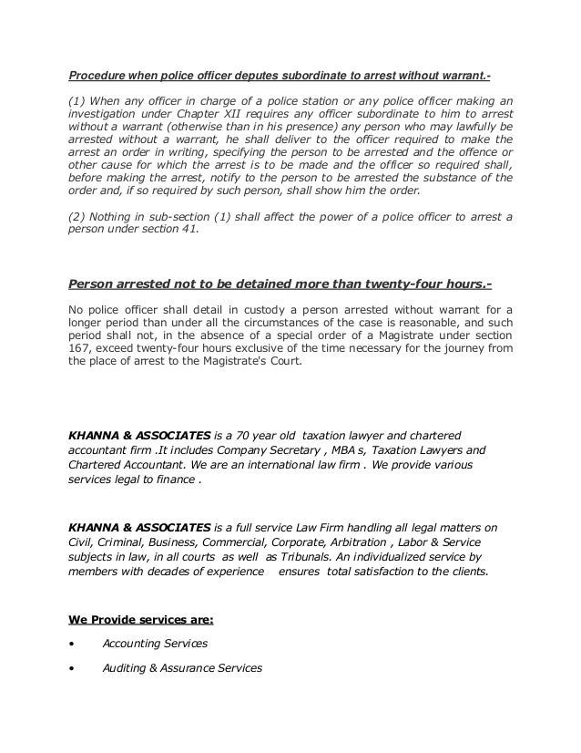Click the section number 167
81,347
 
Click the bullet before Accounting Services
73,643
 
